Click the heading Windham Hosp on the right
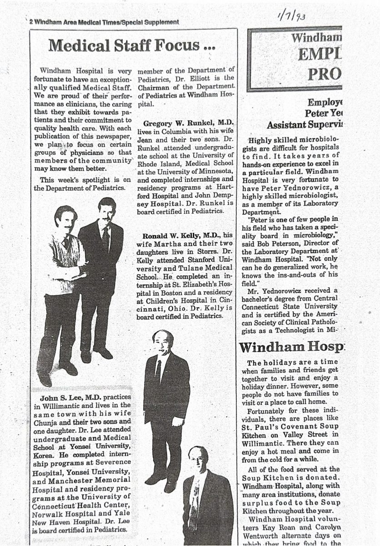click(291, 347)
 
